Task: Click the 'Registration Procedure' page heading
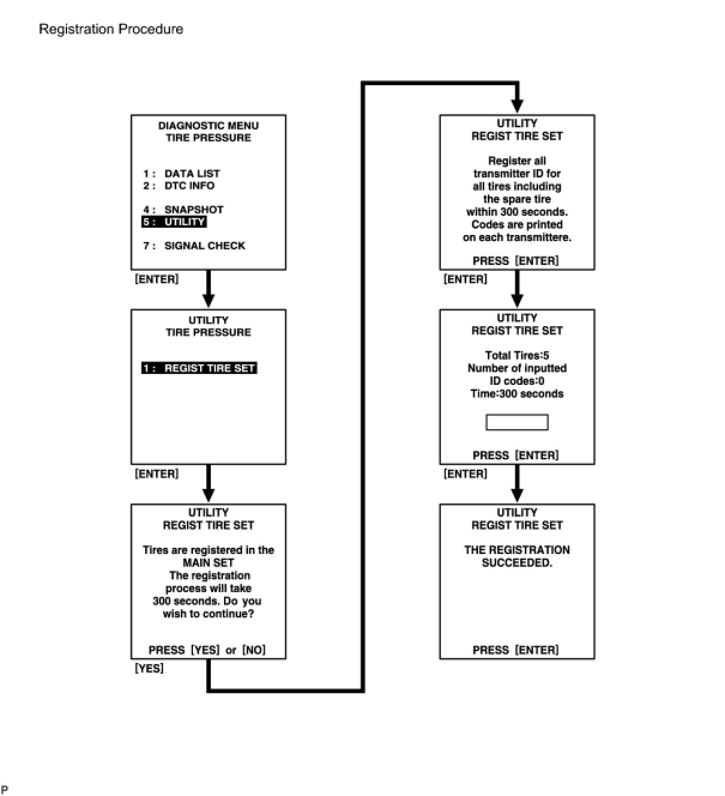(x=111, y=29)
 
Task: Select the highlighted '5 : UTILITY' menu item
(x=174, y=222)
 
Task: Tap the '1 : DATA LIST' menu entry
(x=182, y=174)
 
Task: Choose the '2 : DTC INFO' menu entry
(x=179, y=186)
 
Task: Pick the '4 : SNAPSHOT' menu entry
(x=183, y=210)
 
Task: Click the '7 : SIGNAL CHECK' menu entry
(x=194, y=246)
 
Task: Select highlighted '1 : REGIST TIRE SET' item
(x=199, y=368)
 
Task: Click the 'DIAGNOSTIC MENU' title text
(x=209, y=126)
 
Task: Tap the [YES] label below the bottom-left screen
(x=149, y=668)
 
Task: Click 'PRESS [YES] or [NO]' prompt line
(x=207, y=650)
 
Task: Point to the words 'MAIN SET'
(x=209, y=563)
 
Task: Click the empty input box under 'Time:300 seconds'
(x=516, y=423)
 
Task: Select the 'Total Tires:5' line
(x=517, y=355)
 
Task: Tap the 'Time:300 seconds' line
(x=517, y=394)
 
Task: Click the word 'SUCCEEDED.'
(x=517, y=563)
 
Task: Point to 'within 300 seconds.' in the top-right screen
(x=517, y=212)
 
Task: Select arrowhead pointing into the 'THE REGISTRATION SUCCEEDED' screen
(x=518, y=496)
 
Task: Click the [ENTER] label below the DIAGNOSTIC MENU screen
(x=157, y=279)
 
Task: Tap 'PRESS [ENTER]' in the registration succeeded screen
(x=516, y=650)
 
